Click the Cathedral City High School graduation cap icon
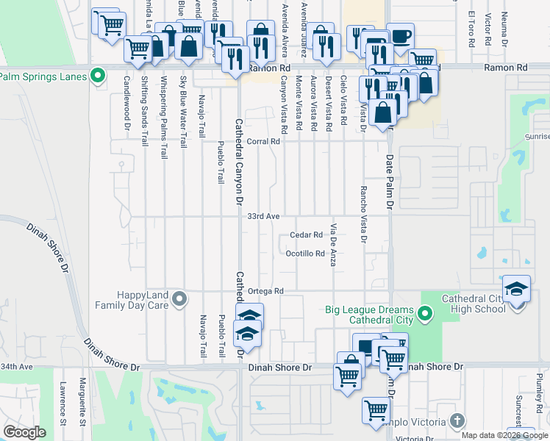pos(517,288)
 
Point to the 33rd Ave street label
pos(263,217)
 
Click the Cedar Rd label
pos(307,235)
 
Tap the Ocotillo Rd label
pos(305,254)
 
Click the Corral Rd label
pos(265,141)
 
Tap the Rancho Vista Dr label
pos(362,213)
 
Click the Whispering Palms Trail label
pos(164,118)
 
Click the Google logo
pos(25,432)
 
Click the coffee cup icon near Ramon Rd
pos(400,37)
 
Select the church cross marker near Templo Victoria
pos(457,421)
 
